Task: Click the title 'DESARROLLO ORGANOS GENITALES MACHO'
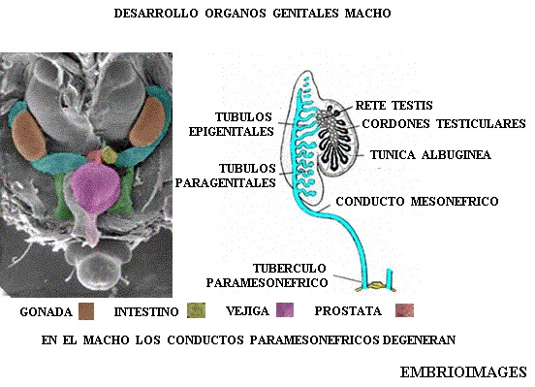(254, 16)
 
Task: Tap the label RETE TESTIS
(393, 105)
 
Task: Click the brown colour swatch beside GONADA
(86, 311)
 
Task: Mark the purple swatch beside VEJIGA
(285, 311)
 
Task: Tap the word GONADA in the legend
(46, 312)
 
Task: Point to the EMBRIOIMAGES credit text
(463, 371)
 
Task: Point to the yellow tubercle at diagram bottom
(371, 288)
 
